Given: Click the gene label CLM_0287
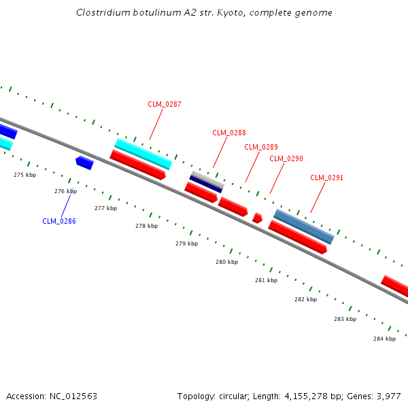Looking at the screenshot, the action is (x=165, y=104).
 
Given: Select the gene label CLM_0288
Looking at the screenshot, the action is (x=229, y=133).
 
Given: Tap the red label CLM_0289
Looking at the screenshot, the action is (x=261, y=147).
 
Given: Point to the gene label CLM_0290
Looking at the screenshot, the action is (x=286, y=158).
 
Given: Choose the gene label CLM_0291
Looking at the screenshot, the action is (x=327, y=177).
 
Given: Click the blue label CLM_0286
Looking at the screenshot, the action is (x=59, y=221).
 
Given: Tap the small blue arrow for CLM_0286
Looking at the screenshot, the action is (x=84, y=163).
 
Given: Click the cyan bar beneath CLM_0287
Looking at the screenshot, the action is (x=143, y=154).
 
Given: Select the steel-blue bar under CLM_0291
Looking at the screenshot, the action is (x=304, y=226).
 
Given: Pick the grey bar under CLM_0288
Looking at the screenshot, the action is (x=207, y=179).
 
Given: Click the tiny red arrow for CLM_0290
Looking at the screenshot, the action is (x=257, y=218).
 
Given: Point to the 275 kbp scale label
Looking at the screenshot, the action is (x=25, y=175).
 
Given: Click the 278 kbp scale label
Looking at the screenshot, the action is (x=146, y=226).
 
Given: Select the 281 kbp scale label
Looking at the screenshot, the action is (x=266, y=280).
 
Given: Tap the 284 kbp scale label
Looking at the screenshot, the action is (x=384, y=339).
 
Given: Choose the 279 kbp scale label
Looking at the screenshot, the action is (x=186, y=243).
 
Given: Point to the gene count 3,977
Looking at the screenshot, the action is (x=388, y=396).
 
